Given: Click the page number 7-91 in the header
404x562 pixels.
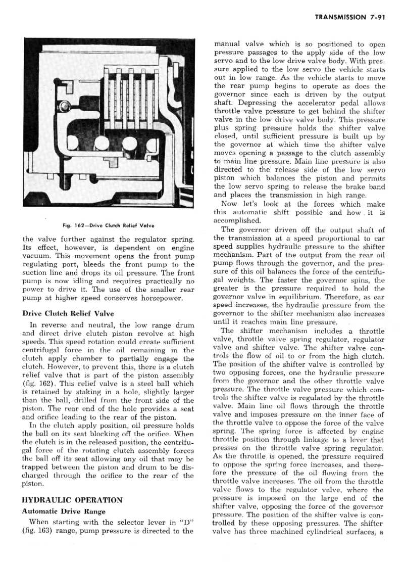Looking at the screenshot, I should pyautogui.click(x=377, y=17).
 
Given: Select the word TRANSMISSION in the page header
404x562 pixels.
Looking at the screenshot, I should pyautogui.click(x=340, y=17).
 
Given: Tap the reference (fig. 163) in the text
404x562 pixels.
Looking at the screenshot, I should pyautogui.click(x=35, y=531).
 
